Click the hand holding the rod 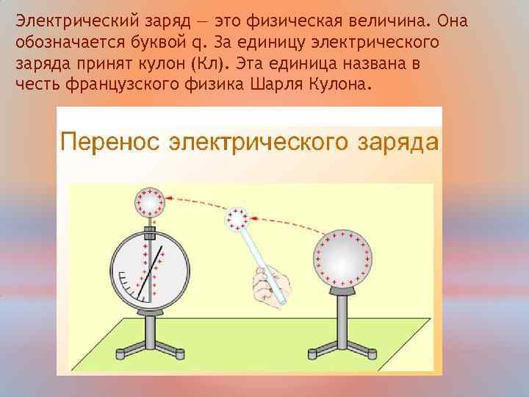pos(269,283)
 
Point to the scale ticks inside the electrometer pos(132,287)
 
